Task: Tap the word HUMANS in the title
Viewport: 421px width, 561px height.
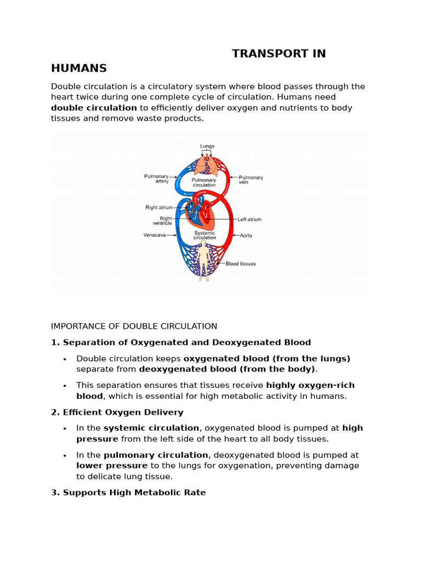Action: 79,68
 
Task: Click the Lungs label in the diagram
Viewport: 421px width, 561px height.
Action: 207,146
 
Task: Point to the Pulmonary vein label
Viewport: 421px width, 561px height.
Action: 251,180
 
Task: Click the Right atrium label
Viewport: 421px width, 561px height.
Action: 159,208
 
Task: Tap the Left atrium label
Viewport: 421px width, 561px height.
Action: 249,219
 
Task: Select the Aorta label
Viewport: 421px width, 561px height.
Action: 246,236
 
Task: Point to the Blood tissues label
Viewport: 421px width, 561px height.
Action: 241,264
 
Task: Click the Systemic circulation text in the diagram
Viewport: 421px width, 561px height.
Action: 205,235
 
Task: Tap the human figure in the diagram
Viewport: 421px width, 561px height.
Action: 204,261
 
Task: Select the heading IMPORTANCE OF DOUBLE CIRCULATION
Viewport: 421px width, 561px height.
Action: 134,327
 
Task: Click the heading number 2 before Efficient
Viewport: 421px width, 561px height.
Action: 54,412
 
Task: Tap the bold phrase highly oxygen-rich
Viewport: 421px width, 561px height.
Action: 310,385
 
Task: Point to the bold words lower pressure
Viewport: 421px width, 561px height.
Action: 112,466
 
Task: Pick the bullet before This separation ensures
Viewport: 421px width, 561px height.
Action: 65,386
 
